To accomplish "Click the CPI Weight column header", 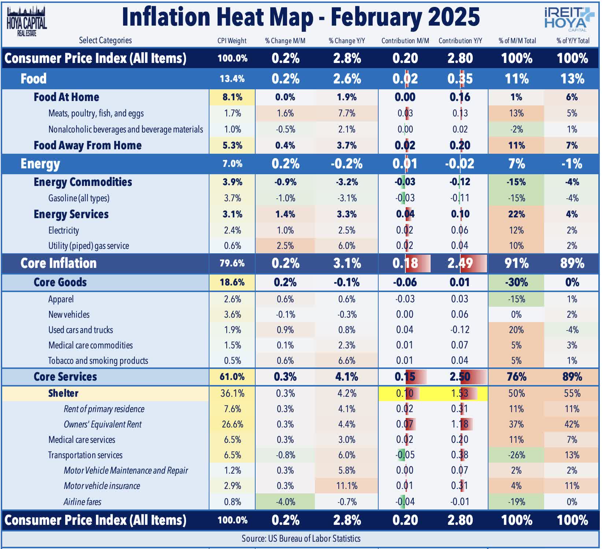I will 232,41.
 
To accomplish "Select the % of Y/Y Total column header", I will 573,41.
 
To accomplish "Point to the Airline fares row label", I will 82,502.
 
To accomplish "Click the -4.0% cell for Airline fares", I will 285,502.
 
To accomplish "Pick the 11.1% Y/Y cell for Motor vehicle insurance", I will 346,486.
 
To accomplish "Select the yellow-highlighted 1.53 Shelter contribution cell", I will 460,393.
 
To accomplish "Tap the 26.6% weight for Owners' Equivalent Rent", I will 232,424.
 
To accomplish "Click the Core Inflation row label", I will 59,263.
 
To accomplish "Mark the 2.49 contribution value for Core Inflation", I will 460,263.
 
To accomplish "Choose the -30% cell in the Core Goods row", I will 516,282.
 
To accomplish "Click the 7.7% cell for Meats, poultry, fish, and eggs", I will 346,113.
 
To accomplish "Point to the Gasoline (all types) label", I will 79,198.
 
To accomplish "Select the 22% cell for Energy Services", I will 516,214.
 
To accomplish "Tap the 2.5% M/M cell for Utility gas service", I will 285,246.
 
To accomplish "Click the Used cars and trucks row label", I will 81,330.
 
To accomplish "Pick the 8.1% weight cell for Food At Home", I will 232,97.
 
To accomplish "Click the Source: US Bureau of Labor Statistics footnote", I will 301,538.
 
